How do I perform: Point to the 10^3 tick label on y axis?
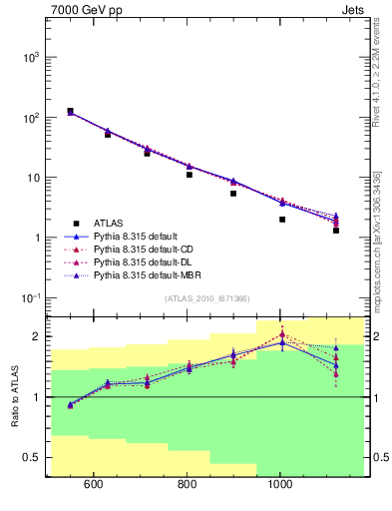(30, 57)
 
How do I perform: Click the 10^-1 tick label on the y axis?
(29, 298)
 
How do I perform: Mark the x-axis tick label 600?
(94, 486)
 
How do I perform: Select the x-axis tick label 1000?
(281, 486)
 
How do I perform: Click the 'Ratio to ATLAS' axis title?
(14, 397)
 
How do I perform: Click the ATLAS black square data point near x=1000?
(282, 220)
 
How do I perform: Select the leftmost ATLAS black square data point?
(70, 112)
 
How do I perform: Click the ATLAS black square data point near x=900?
(233, 194)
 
